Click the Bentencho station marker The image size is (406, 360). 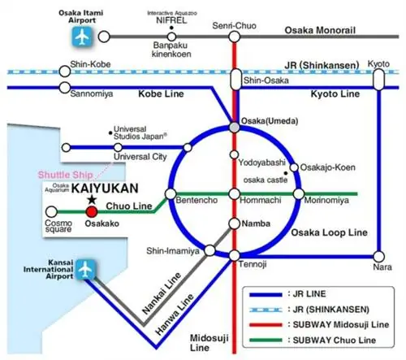point(171,194)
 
